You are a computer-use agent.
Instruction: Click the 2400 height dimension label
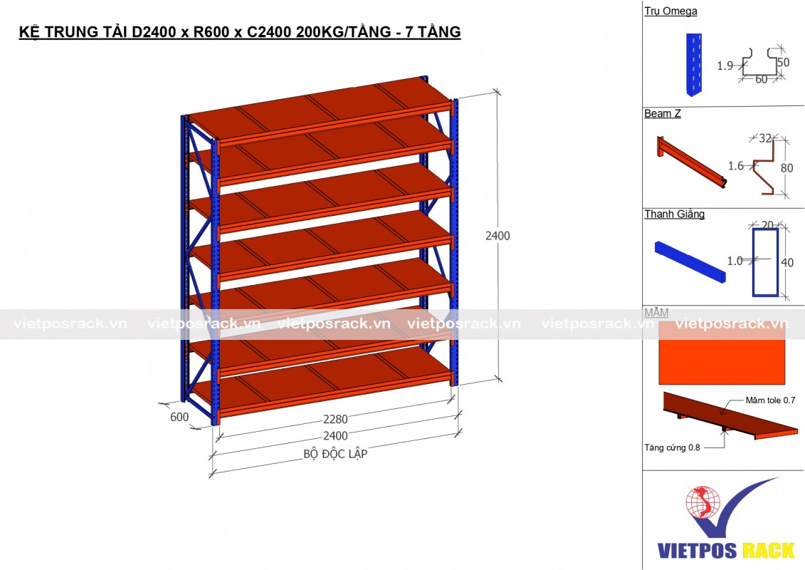pos(497,236)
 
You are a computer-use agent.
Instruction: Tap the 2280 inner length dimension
pos(335,419)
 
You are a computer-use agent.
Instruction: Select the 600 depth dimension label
pos(179,418)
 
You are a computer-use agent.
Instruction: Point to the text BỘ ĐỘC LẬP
pos(335,453)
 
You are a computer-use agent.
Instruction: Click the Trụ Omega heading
pos(670,11)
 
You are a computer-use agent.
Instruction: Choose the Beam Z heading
pos(662,113)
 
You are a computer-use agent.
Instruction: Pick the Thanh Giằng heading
pos(674,214)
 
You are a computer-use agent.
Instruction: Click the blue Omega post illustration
pos(694,64)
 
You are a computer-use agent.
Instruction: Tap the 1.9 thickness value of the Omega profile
pos(725,66)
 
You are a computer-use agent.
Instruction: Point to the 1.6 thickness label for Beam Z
pos(736,166)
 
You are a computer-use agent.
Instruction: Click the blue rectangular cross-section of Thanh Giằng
pos(765,261)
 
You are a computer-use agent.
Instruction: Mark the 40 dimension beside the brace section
pos(786,262)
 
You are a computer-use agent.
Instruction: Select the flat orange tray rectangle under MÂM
pos(722,353)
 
